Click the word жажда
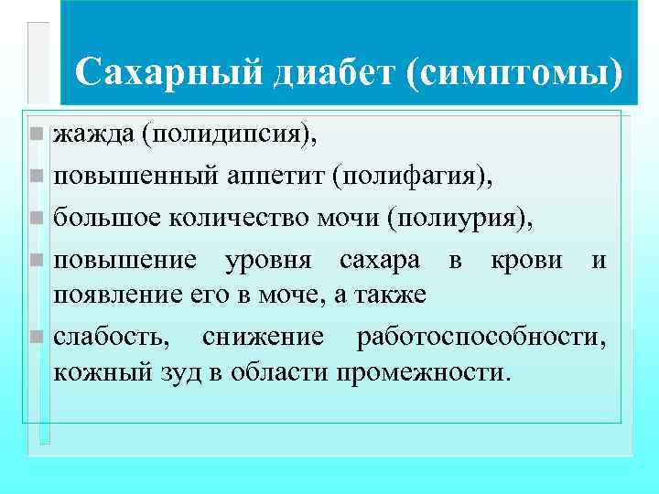(93, 135)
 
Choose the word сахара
(380, 260)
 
